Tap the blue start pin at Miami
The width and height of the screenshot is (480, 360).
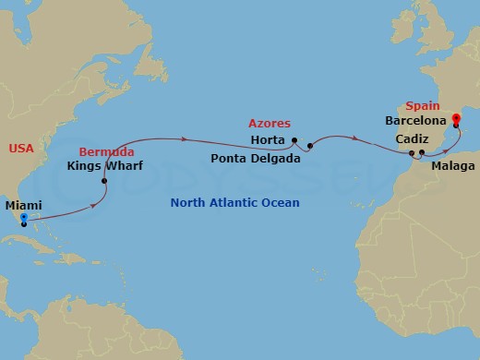click(x=23, y=219)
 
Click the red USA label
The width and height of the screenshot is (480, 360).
click(x=21, y=148)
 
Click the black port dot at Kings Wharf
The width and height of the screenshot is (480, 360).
click(x=104, y=181)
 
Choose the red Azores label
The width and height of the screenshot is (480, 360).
click(x=270, y=123)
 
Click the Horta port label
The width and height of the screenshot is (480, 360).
click(x=269, y=140)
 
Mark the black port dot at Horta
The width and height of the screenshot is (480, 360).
click(x=294, y=141)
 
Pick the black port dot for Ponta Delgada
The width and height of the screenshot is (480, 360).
click(x=310, y=146)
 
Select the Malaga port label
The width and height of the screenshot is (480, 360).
click(x=452, y=166)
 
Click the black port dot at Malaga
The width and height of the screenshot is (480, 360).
click(x=422, y=152)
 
